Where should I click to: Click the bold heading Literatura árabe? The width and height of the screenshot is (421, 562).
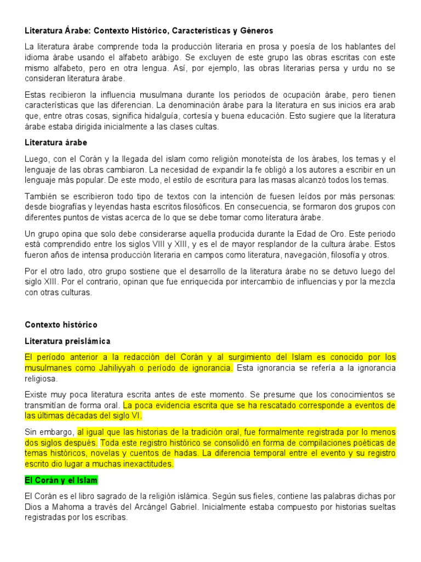(56, 142)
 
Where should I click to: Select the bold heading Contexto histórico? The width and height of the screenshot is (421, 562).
(61, 324)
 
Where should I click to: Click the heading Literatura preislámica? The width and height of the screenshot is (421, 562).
(68, 341)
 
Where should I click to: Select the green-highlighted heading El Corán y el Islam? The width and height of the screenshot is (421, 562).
(61, 480)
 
